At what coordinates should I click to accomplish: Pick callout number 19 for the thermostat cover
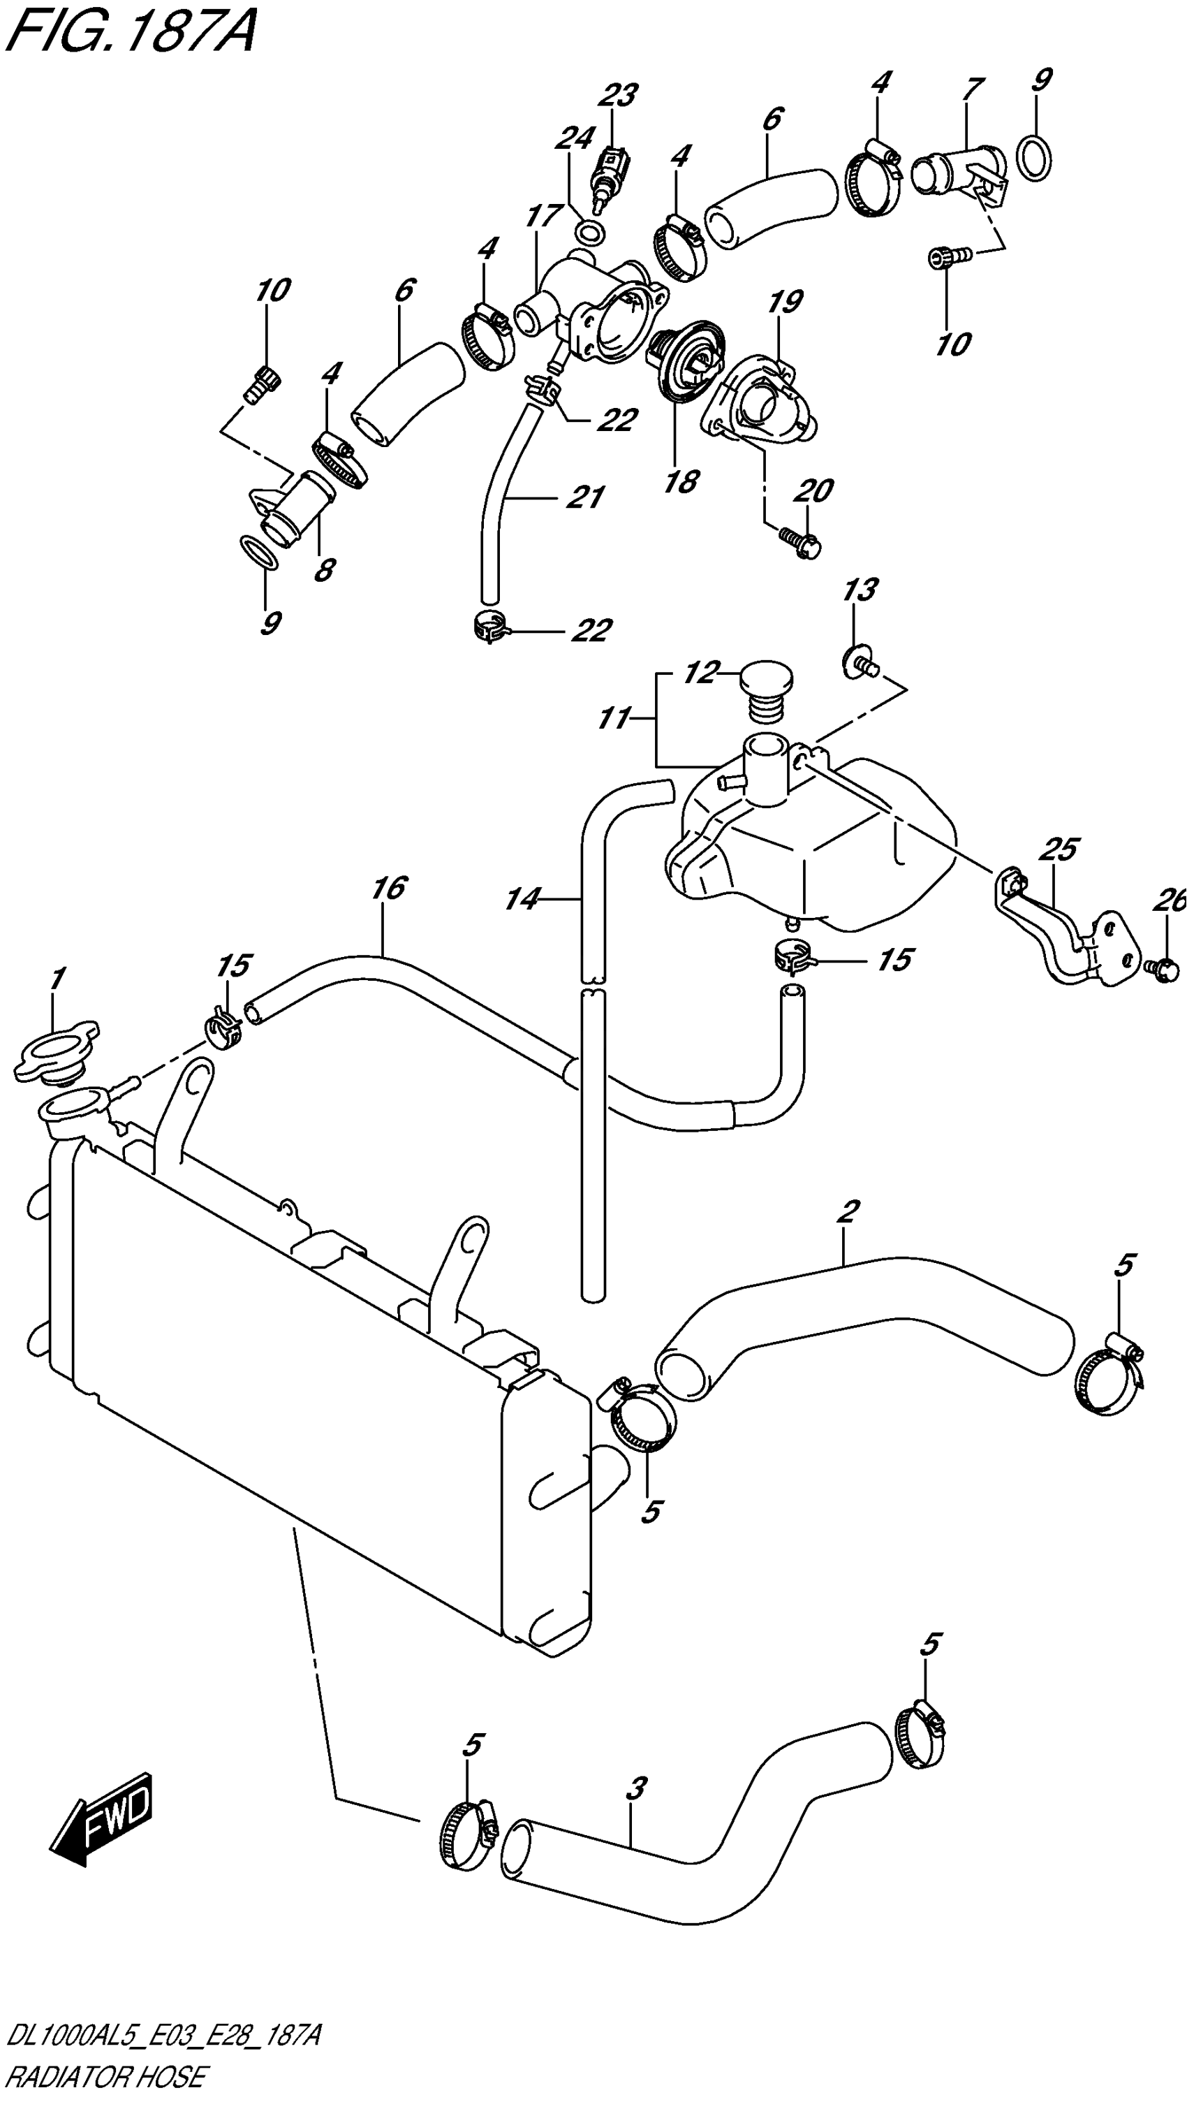coord(785,302)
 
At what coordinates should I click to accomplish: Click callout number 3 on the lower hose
coord(635,1788)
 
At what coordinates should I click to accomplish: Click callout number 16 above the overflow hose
coord(388,888)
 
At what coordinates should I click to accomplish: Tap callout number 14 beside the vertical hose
coord(522,899)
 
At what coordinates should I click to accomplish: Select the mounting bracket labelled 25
coord(1061,938)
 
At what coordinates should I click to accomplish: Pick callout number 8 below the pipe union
coord(324,569)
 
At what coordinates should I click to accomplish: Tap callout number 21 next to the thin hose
coord(584,496)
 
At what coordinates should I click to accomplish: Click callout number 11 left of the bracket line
coord(614,719)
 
